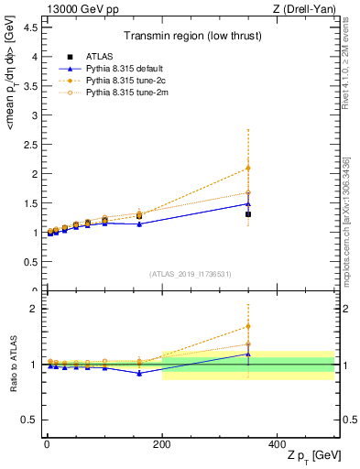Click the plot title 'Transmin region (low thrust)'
coord(190,38)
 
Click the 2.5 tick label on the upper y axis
coord(30,145)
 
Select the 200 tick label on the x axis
coord(162,444)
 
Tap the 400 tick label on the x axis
coord(277,444)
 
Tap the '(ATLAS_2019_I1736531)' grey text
coord(190,274)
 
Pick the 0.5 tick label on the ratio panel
coord(30,420)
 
